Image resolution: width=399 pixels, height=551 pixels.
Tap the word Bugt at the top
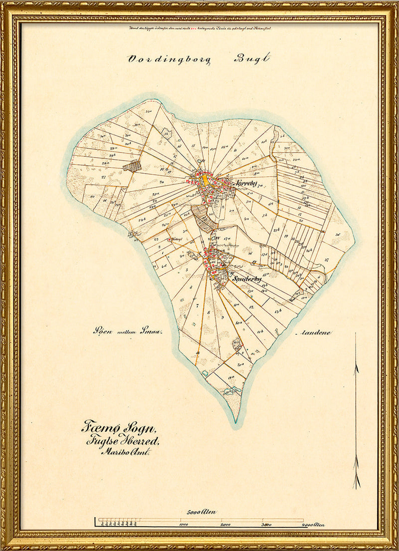pyautogui.click(x=252, y=58)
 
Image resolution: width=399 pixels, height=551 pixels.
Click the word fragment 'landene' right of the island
pyautogui.click(x=315, y=332)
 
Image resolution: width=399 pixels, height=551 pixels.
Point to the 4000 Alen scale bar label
pyautogui.click(x=313, y=525)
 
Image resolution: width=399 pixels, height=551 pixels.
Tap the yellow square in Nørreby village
pyautogui.click(x=205, y=180)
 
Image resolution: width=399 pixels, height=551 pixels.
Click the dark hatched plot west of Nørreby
pyautogui.click(x=132, y=166)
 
